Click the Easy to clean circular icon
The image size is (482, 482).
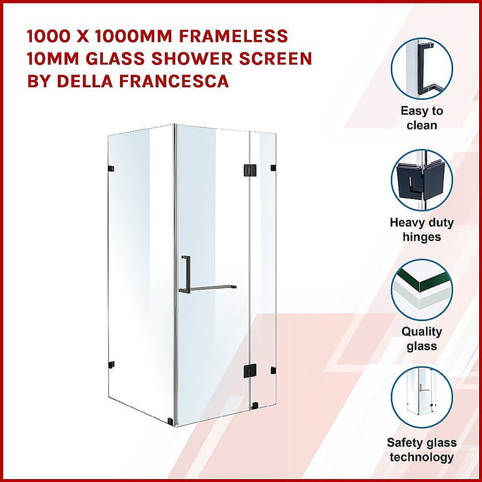(421, 68)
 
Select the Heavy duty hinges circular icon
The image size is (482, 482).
(421, 179)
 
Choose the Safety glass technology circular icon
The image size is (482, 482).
(421, 398)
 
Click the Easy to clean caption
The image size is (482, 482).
(422, 118)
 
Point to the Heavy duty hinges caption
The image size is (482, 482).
(422, 230)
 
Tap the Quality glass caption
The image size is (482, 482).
(422, 339)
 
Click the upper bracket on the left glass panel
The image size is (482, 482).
(111, 167)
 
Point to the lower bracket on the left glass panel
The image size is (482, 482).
(110, 364)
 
